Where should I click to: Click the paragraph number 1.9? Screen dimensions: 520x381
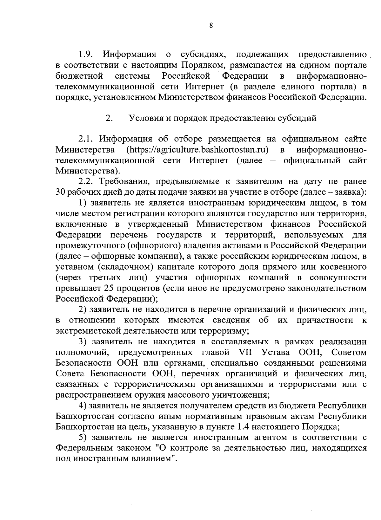coord(85,55)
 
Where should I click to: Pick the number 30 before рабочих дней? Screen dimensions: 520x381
coord(60,192)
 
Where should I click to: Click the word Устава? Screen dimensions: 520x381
coord(276,353)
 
